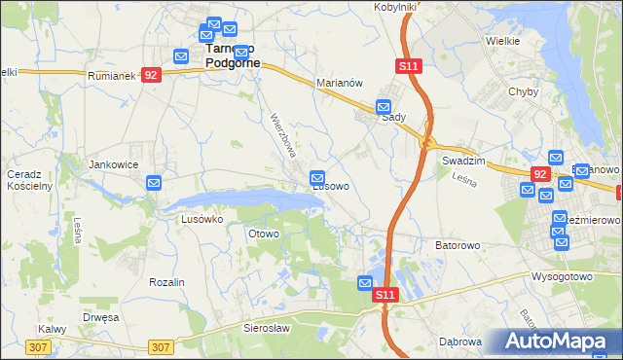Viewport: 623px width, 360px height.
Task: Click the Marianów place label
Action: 340,84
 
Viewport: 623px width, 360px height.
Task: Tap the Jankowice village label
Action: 110,165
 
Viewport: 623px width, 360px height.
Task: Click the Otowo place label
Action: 264,234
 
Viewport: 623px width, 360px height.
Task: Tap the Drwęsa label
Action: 100,317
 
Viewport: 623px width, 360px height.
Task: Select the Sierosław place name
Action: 267,330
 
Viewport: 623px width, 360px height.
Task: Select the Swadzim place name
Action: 463,161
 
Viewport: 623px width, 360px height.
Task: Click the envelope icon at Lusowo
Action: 317,177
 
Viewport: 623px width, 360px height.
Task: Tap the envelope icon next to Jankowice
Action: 154,182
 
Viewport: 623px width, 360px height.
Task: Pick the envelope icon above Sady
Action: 385,107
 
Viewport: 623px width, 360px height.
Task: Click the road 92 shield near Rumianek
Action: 150,75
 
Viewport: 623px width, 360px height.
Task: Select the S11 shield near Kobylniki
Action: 408,65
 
